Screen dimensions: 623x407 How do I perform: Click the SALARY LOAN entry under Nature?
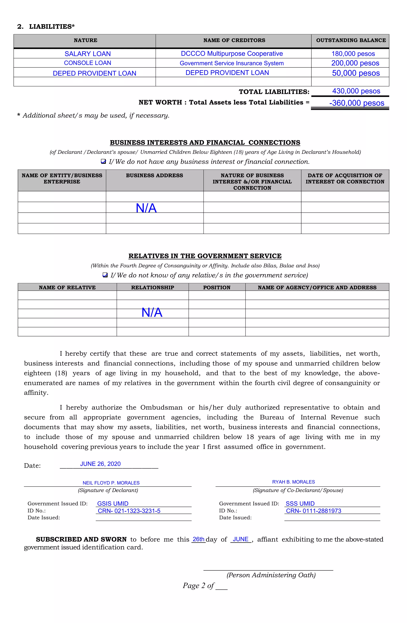(88, 54)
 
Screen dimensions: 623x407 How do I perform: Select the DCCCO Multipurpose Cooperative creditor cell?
(232, 54)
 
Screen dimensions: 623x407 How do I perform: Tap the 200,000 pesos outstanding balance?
(355, 63)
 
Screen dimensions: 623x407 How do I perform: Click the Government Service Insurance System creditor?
(232, 63)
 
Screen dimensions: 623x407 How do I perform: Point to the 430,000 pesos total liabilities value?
(356, 91)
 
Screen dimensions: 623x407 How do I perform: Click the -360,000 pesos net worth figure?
(357, 103)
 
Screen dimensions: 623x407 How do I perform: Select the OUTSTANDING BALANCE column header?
(351, 40)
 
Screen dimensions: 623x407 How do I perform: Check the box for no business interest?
(103, 162)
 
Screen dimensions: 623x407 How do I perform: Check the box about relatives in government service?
(105, 275)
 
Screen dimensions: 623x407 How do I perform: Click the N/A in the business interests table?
(146, 208)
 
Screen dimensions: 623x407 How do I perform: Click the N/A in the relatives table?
(152, 312)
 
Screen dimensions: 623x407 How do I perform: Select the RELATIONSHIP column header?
(152, 287)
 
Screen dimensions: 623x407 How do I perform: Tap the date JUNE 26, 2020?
(100, 464)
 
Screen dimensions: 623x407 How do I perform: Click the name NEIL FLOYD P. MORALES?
(111, 483)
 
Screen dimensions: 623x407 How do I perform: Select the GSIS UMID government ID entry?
(113, 504)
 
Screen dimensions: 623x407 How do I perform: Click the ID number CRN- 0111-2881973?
(313, 511)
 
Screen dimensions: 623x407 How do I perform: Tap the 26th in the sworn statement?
(199, 539)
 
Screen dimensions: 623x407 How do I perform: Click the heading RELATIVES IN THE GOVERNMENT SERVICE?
(205, 256)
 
